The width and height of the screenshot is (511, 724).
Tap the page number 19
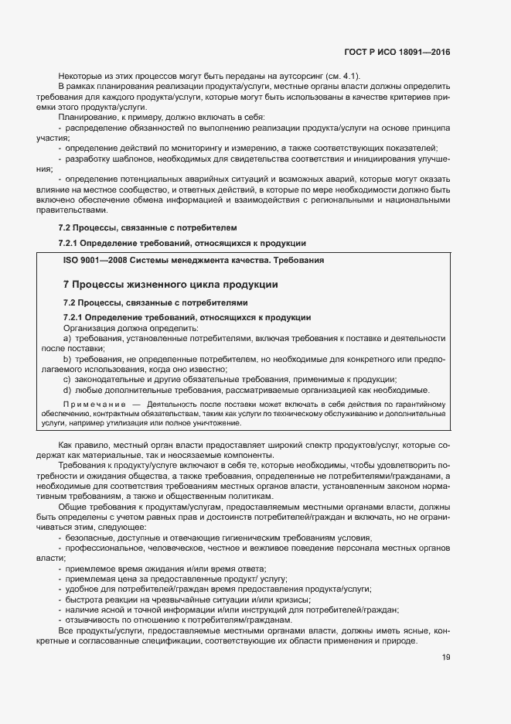tap(445, 659)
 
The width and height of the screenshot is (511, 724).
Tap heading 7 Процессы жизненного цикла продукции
tap(170, 285)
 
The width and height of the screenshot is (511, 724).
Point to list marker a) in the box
tap(67, 338)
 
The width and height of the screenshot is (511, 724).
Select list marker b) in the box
tap(67, 360)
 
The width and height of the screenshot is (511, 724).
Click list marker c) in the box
tap(67, 379)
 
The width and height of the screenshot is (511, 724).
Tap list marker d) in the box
tap(67, 389)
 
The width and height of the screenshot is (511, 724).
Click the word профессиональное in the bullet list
tap(104, 548)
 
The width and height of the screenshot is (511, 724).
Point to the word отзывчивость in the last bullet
tap(94, 620)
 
